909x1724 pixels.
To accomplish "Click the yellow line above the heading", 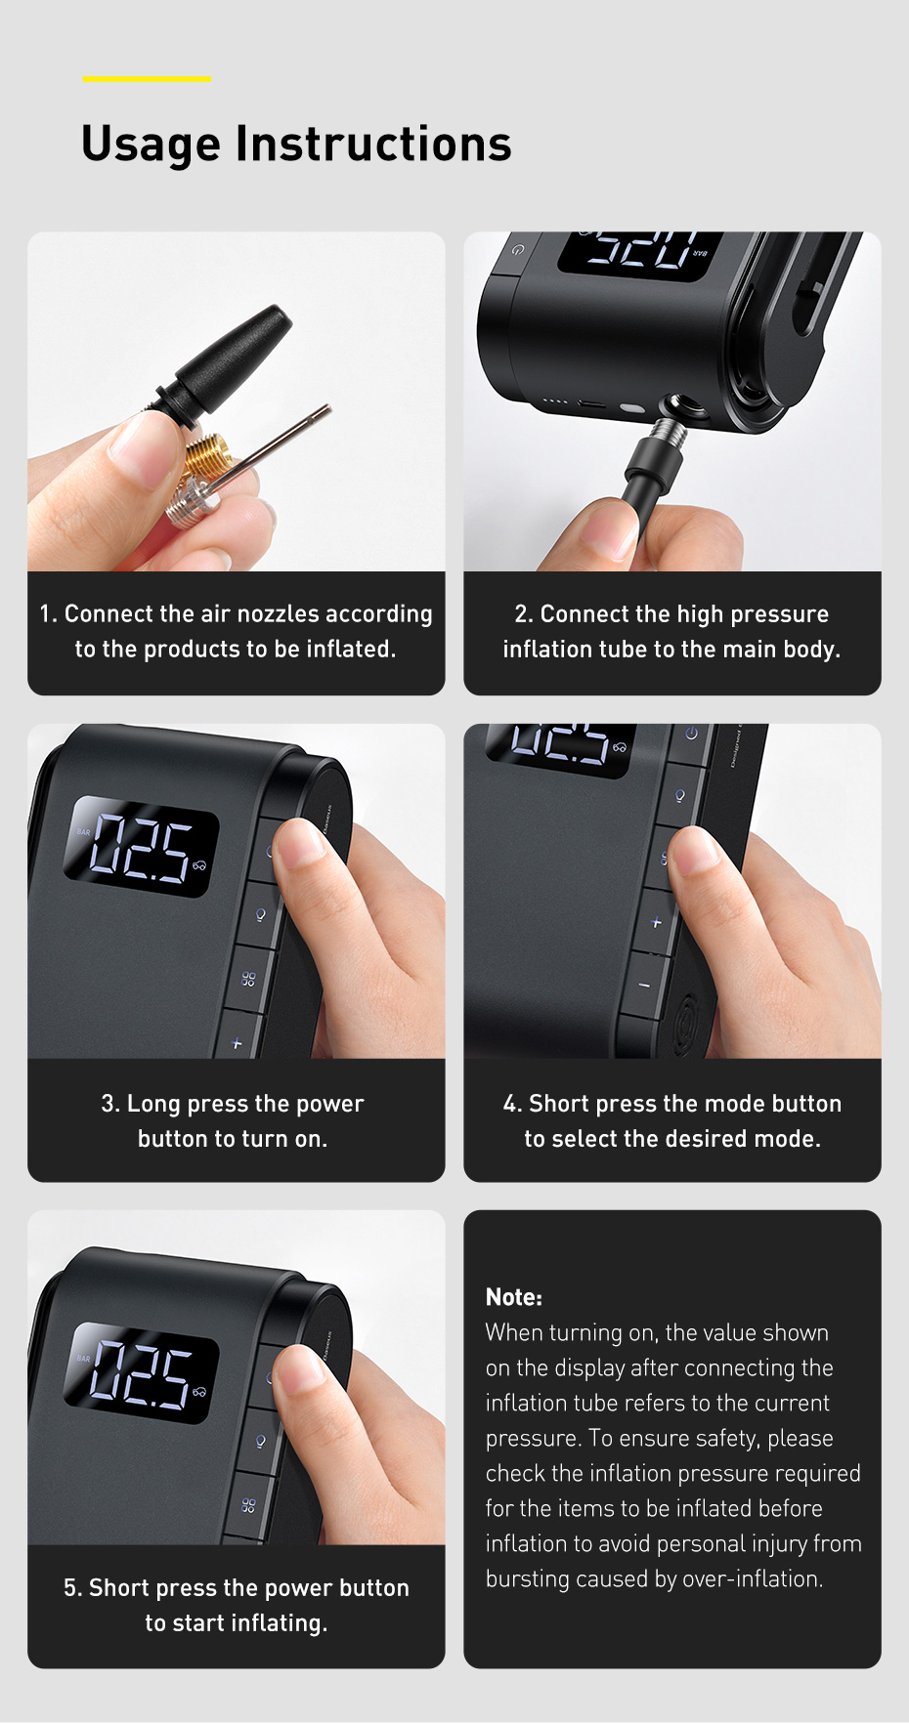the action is click(x=147, y=78).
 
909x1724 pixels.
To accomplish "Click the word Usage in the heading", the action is click(x=151, y=145).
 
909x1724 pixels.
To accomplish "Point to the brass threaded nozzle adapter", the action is click(x=205, y=458).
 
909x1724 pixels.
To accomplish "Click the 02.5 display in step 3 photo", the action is click(x=142, y=847).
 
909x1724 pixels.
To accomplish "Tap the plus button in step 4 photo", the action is click(x=656, y=922).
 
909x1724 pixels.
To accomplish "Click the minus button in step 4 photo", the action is click(x=644, y=985).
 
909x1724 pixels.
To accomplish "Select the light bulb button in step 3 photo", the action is click(x=260, y=915).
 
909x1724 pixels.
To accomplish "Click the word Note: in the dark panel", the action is click(x=514, y=1297).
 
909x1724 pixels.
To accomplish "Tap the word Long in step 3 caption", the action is click(x=153, y=1105).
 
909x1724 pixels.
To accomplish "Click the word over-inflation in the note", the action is click(x=753, y=1578).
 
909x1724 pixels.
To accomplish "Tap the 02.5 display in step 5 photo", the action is click(x=142, y=1372).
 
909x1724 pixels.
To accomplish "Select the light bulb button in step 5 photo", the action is click(x=260, y=1441).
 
